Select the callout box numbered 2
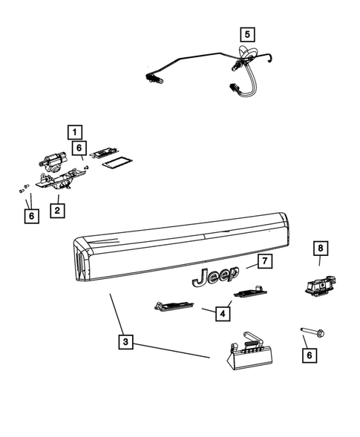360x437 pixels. tap(56, 210)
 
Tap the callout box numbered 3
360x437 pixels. tap(126, 342)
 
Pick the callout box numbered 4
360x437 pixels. tap(220, 314)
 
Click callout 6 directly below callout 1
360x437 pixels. tap(79, 148)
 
